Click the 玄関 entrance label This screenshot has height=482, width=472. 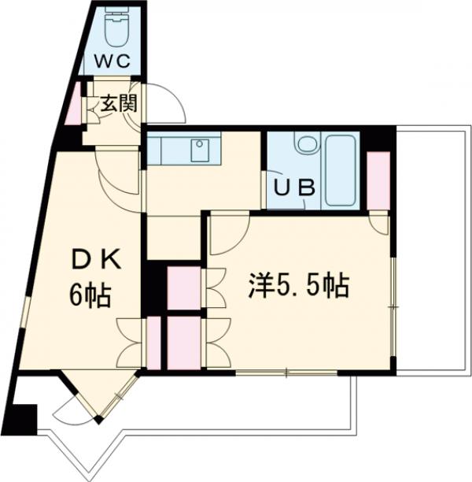coord(116,103)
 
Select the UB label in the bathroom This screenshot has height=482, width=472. coord(294,188)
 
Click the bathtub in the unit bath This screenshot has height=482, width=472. coord(341,170)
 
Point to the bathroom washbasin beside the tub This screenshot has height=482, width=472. coord(307,145)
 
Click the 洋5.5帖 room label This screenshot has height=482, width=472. coord(299,286)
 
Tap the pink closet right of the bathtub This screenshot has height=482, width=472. coord(378,180)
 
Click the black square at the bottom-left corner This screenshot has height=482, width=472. coord(24,417)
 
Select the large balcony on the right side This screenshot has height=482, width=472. coord(430,244)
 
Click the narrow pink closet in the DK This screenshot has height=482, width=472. coord(153,343)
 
